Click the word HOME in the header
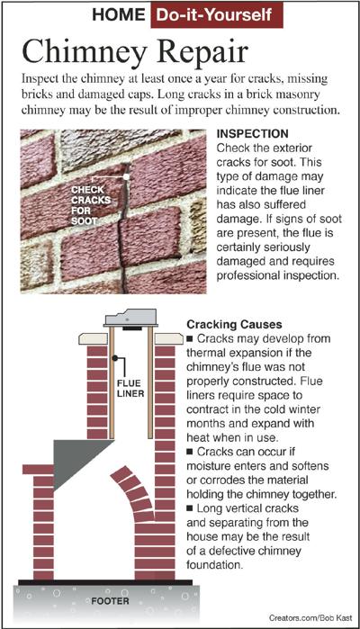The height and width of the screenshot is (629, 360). point(119,14)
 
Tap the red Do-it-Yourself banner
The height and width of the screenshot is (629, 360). point(217,15)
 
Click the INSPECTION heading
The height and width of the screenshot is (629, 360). point(252,133)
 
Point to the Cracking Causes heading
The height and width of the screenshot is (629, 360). point(234,324)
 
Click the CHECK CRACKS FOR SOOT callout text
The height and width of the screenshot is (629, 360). point(89,205)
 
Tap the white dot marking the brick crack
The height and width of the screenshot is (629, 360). point(126,176)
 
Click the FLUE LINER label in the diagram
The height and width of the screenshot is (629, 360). point(130,388)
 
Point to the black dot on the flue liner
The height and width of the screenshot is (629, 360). point(115,357)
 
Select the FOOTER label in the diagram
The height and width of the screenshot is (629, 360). point(110,601)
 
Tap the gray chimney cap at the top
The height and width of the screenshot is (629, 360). point(130,318)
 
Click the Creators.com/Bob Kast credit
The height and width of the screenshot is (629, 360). point(311,618)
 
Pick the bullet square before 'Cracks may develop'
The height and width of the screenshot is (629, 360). point(190,339)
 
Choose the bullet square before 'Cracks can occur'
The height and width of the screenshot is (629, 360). point(190,452)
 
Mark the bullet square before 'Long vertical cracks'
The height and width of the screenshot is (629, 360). point(190,509)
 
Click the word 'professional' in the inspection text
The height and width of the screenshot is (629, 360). point(246,276)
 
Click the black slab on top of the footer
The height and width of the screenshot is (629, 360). point(105,582)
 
